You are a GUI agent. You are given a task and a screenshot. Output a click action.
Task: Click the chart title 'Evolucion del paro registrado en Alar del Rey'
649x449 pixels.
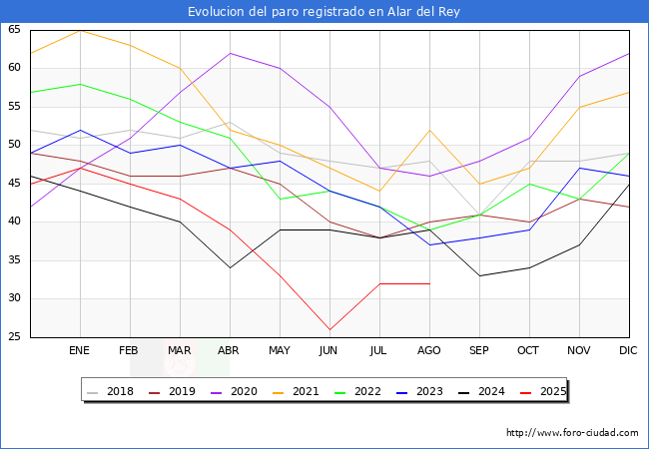coord(324,12)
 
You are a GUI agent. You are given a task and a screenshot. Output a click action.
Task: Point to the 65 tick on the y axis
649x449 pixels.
coord(15,30)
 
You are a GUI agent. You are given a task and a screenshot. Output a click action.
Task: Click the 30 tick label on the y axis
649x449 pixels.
coord(15,298)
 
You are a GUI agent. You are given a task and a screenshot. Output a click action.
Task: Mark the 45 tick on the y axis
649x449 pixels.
coord(15,184)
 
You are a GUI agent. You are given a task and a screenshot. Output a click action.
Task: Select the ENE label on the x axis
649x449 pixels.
coord(80,351)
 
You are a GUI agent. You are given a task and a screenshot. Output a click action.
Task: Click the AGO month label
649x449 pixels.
coord(429,351)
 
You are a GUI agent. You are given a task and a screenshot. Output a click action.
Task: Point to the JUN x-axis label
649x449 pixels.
coord(329,351)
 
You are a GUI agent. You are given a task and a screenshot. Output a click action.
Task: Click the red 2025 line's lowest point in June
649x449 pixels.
coord(329,329)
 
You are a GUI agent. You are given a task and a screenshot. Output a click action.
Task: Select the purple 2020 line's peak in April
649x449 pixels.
coord(230,53)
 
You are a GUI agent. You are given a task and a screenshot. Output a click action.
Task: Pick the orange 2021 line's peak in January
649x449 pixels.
coord(80,30)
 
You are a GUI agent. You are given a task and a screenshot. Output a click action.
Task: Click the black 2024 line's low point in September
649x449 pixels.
coord(479,275)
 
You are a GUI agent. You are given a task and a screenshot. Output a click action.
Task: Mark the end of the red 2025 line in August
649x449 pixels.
coord(429,283)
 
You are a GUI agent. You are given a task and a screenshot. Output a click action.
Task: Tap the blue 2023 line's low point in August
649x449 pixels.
coord(429,245)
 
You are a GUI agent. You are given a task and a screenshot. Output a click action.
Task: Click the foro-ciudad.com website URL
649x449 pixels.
coord(572,433)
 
